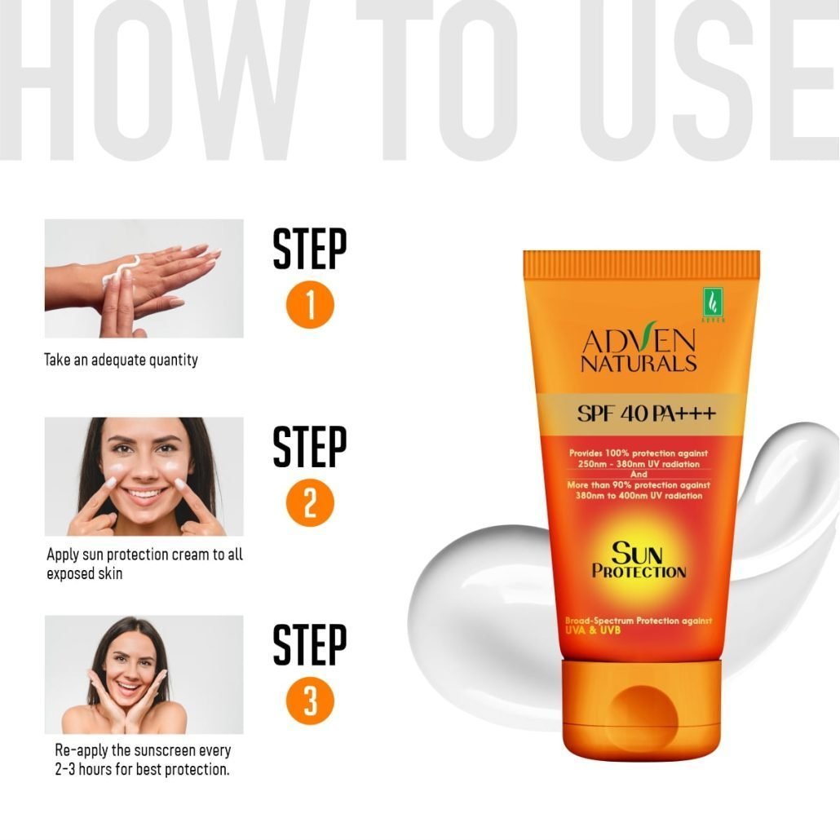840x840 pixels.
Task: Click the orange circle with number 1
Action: (x=310, y=305)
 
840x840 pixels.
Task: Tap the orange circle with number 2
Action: (x=310, y=503)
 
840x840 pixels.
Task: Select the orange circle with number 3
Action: (x=310, y=701)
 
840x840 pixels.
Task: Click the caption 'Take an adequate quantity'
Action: (x=121, y=360)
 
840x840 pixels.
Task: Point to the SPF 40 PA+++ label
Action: (x=646, y=413)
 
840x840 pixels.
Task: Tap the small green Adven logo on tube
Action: (x=713, y=303)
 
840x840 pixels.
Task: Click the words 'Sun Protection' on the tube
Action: (x=639, y=560)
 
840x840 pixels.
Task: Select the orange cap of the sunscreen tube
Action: (x=641, y=705)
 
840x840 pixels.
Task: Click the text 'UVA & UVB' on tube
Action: (x=593, y=630)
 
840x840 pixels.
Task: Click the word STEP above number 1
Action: (x=310, y=249)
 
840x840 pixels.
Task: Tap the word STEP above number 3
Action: (x=310, y=644)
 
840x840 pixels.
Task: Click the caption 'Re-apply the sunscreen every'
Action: (x=143, y=750)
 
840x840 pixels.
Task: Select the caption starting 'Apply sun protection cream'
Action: (x=144, y=564)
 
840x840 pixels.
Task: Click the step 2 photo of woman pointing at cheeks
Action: (x=144, y=476)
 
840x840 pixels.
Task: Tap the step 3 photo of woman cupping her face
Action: (x=144, y=674)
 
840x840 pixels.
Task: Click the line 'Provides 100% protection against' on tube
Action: (x=639, y=453)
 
